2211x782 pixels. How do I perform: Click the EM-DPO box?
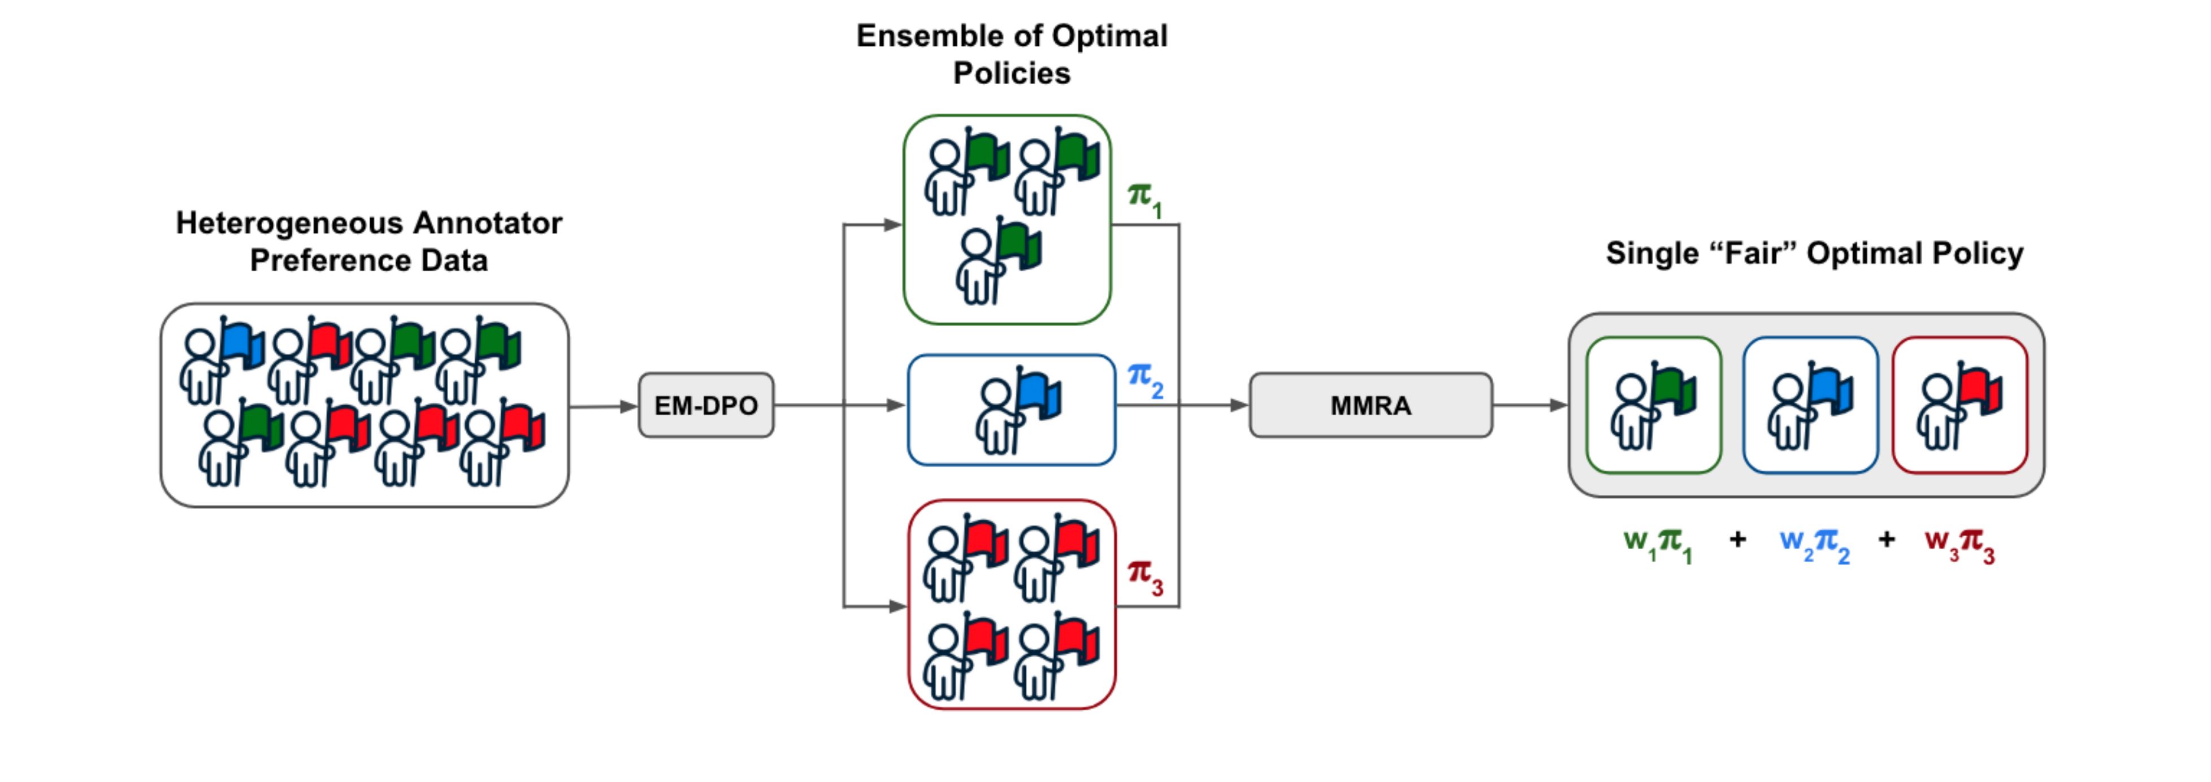pyautogui.click(x=705, y=405)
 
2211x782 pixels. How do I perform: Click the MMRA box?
pyautogui.click(x=1370, y=405)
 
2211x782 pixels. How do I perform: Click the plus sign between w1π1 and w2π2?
pyautogui.click(x=1737, y=539)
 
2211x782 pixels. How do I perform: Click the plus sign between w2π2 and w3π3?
pyautogui.click(x=1887, y=539)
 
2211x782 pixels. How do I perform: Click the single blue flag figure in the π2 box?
pyautogui.click(x=1017, y=410)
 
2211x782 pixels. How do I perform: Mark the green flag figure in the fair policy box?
pyautogui.click(x=1653, y=405)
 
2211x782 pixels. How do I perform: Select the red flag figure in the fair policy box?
pyautogui.click(x=1959, y=405)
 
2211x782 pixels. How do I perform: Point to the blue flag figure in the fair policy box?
pyautogui.click(x=1809, y=405)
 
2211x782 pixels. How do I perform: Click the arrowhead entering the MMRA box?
pyautogui.click(x=1239, y=405)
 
